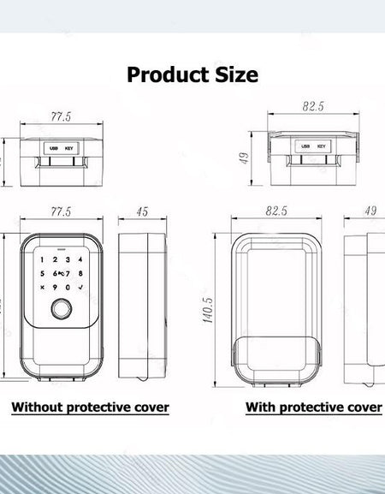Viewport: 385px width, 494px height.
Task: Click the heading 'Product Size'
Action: [192, 74]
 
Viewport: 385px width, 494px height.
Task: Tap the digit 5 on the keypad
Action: [43, 274]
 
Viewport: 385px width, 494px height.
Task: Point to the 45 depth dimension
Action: [142, 211]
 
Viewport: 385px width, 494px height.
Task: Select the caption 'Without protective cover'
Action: [90, 408]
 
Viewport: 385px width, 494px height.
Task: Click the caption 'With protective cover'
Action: [313, 408]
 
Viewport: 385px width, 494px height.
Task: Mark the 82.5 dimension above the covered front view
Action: [277, 211]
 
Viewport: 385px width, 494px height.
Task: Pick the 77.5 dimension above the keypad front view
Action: [61, 211]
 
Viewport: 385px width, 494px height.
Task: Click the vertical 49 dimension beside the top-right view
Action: [244, 158]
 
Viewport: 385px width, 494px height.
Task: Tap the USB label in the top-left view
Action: [54, 147]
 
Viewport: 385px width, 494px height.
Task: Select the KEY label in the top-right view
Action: [322, 146]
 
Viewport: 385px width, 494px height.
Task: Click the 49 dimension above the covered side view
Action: [370, 211]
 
